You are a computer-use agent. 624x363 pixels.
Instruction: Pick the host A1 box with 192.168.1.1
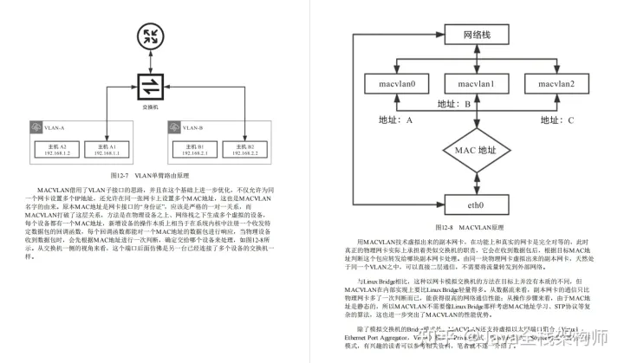coord(111,150)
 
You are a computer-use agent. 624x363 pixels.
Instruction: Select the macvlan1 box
coord(476,84)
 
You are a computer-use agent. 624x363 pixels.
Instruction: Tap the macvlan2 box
coord(555,84)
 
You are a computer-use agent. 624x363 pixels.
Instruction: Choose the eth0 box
coord(476,206)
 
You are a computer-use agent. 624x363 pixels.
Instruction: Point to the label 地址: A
coord(395,119)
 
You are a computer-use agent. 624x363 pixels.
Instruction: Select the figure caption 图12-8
coord(475,225)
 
